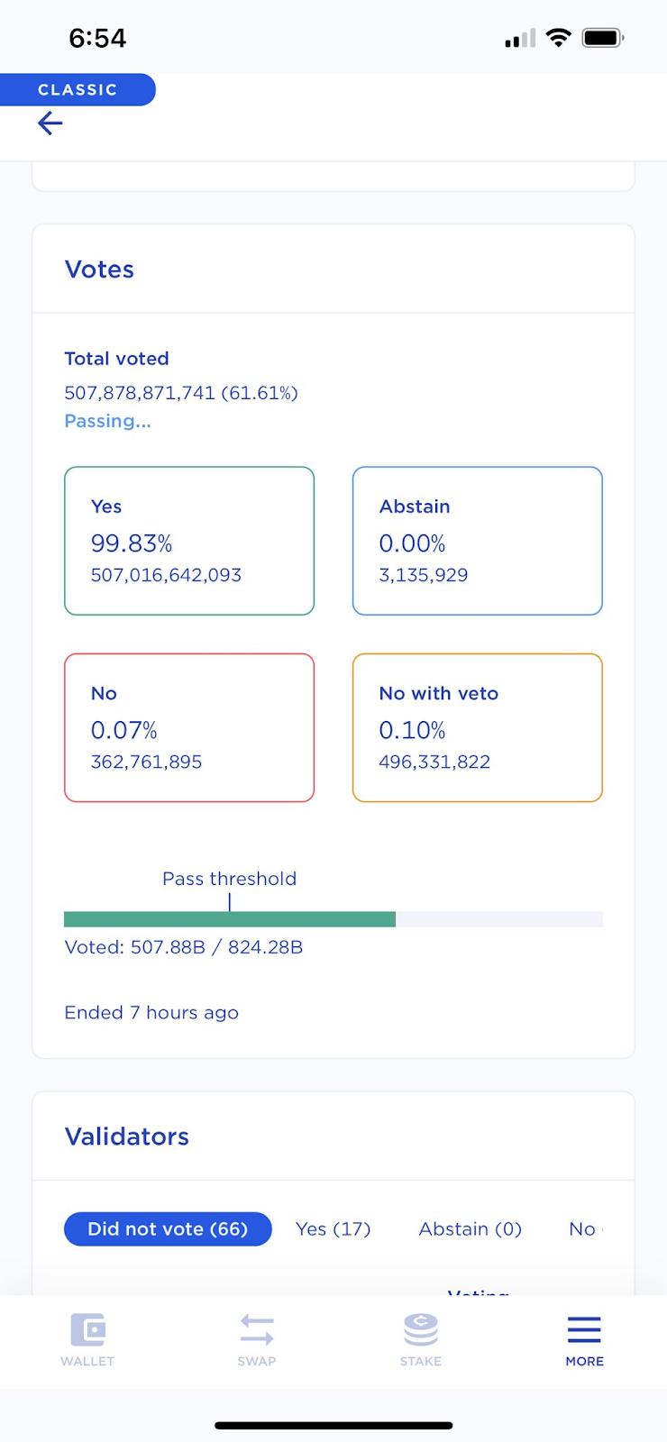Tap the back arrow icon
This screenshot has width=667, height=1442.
tap(50, 123)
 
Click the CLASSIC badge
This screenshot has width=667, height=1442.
tap(78, 90)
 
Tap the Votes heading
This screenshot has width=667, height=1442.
tap(99, 269)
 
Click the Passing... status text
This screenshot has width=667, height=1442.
tap(107, 421)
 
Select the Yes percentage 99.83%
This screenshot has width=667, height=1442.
tap(132, 543)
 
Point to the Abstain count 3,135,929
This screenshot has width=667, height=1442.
tap(424, 575)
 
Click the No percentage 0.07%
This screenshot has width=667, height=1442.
tap(124, 730)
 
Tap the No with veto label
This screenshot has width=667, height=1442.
tap(439, 693)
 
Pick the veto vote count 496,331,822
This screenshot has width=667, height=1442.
tap(434, 762)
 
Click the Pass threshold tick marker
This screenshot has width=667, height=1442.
tap(230, 902)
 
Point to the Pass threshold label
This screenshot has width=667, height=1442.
tap(229, 879)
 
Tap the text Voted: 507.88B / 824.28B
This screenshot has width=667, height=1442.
tap(184, 947)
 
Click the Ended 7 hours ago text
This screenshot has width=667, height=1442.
tap(151, 1013)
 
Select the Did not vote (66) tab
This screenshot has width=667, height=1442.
tap(168, 1229)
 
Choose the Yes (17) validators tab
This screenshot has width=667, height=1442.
tap(333, 1229)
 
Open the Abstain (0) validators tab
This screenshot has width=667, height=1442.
tap(471, 1229)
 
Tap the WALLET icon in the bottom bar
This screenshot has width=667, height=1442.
tap(87, 1329)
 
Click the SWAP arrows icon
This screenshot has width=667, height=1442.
tap(257, 1329)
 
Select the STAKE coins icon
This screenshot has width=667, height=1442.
tap(421, 1329)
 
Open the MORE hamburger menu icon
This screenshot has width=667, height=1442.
tap(584, 1329)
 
